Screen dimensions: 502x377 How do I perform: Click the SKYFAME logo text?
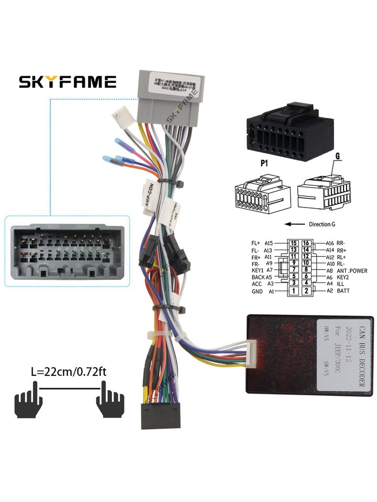coord(68,82)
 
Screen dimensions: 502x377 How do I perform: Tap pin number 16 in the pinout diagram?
coord(307,243)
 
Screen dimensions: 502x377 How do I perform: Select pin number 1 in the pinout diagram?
coord(295,291)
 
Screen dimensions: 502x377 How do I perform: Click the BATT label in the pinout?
coord(343,291)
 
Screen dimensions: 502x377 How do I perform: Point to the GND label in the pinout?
coord(257,291)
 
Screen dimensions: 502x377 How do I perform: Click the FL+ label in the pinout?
coord(256,243)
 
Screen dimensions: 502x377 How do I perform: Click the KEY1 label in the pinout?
coord(258,270)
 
